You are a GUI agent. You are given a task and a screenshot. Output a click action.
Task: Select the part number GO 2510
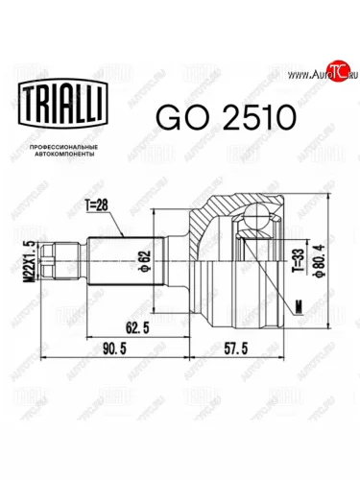click(226, 117)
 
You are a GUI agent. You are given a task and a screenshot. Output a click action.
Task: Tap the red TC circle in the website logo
click(339, 70)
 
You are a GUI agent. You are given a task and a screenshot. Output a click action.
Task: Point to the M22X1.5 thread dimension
click(31, 261)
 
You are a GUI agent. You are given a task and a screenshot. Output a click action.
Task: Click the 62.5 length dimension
click(137, 328)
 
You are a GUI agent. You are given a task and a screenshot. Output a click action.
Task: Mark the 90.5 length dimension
click(114, 348)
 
